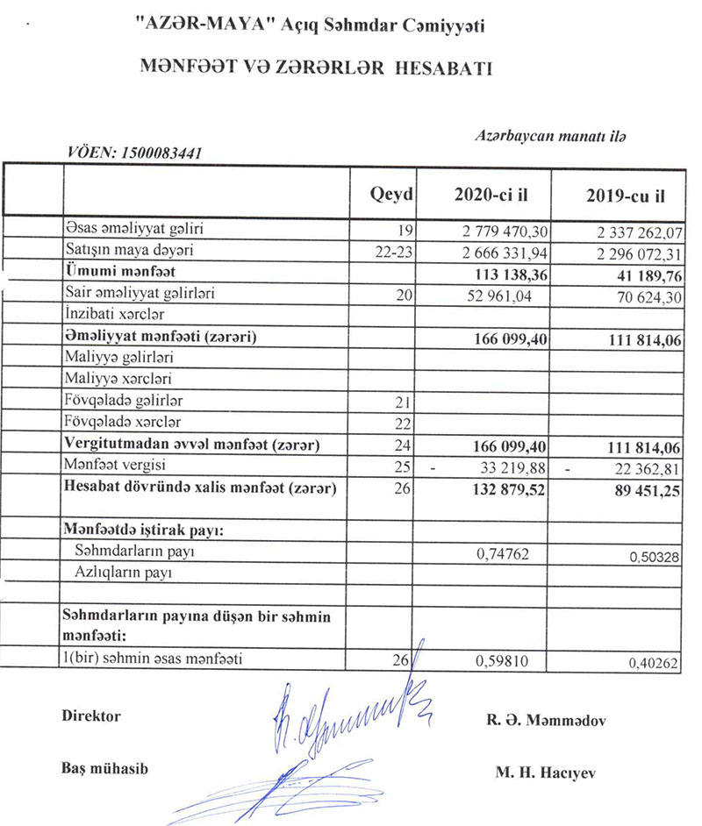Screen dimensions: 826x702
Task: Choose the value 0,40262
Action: tap(653, 665)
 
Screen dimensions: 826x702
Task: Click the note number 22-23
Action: tap(391, 252)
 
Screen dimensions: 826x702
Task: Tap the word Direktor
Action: tap(92, 716)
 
